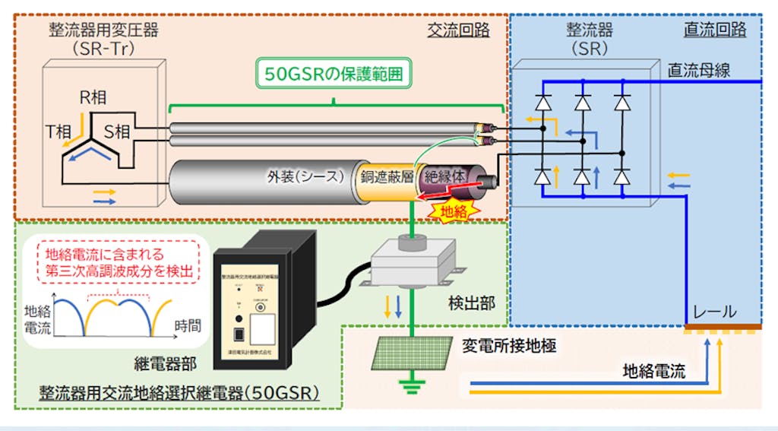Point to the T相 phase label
click(60, 132)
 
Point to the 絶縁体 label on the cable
click(445, 176)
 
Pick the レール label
click(713, 312)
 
